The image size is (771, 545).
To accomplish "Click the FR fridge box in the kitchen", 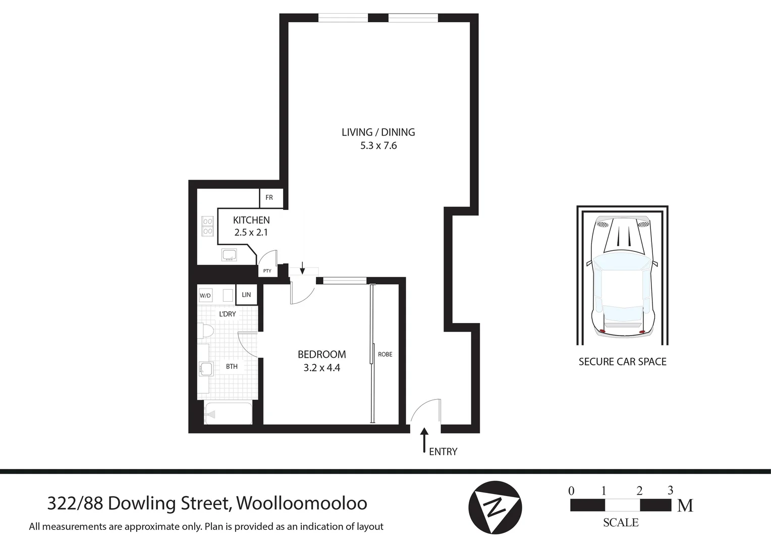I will pyautogui.click(x=269, y=198).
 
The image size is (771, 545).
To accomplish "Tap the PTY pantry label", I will pyautogui.click(x=267, y=271).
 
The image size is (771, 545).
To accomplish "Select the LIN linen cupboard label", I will pyautogui.click(x=246, y=295).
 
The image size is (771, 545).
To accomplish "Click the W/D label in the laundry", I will pyautogui.click(x=205, y=296).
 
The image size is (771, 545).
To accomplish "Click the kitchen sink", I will pyautogui.click(x=230, y=255).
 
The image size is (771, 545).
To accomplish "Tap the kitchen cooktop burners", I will pyautogui.click(x=207, y=226).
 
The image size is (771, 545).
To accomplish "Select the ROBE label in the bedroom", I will pyautogui.click(x=385, y=354).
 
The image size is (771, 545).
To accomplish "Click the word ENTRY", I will pyautogui.click(x=443, y=452).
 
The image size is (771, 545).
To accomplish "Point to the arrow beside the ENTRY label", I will pyautogui.click(x=424, y=440).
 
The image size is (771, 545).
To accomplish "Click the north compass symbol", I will pyautogui.click(x=494, y=507).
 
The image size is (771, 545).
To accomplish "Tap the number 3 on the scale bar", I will pyautogui.click(x=670, y=490).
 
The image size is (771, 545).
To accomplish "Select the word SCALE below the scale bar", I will pyautogui.click(x=621, y=523).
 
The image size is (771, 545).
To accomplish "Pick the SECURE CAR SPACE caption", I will pyautogui.click(x=622, y=362).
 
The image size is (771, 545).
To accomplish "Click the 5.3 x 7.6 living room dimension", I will pyautogui.click(x=378, y=146).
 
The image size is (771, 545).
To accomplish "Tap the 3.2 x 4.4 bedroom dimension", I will pyautogui.click(x=322, y=368).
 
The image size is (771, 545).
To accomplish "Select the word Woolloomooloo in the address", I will pyautogui.click(x=302, y=503).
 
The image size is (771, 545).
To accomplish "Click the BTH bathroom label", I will pyautogui.click(x=232, y=366).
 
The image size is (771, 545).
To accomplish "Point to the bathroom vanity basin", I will pyautogui.click(x=205, y=369).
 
